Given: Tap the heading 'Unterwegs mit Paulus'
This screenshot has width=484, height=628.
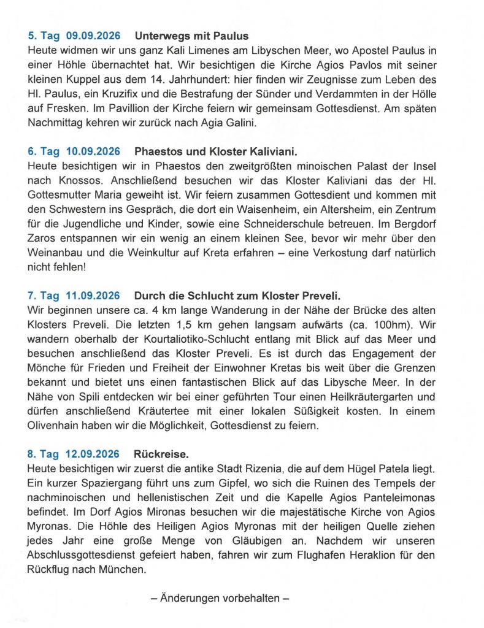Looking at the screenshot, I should point(191,36).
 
